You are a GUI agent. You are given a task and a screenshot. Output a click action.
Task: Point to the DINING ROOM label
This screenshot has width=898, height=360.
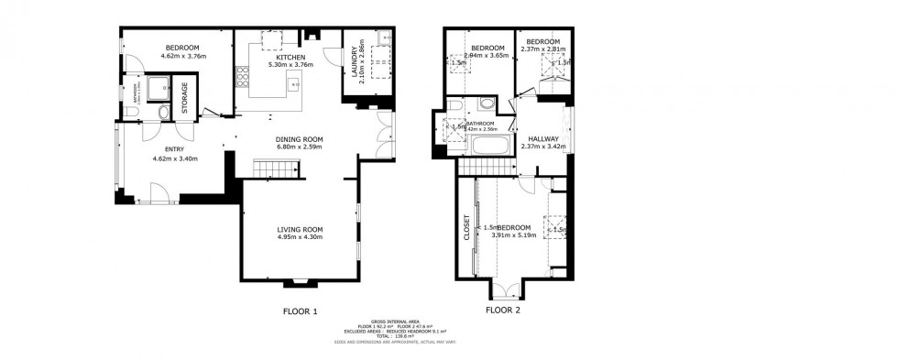tap(301, 139)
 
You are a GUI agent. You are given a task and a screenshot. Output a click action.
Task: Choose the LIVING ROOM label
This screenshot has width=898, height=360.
tap(301, 229)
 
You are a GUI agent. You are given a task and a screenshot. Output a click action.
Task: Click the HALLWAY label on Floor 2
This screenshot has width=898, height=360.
tap(542, 138)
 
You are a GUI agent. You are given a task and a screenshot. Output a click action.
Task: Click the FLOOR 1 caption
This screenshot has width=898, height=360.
tap(300, 311)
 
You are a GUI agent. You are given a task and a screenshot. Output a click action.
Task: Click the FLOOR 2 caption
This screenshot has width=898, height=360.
tap(502, 311)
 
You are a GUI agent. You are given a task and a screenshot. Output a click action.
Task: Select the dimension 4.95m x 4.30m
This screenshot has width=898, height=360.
tap(301, 237)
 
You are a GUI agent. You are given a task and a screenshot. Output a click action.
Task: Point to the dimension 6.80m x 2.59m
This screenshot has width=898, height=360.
tap(301, 147)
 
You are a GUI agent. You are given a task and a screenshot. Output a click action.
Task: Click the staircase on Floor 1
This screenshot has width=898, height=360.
tap(276, 168)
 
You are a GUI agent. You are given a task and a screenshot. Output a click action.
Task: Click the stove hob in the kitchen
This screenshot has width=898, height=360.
tap(244, 79)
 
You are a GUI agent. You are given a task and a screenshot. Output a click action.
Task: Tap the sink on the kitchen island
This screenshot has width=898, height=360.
tap(295, 85)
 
